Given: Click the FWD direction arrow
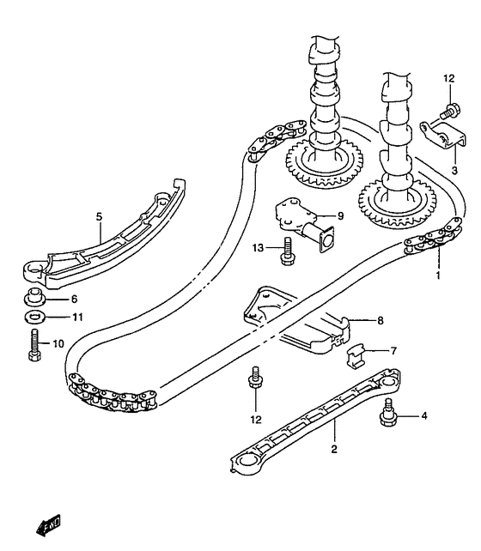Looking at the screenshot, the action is click(48, 525).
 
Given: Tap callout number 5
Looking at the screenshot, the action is click(99, 217).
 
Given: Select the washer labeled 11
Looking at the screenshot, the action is click(33, 317).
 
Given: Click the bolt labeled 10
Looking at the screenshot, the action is click(34, 345).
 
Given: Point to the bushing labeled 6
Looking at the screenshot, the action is click(34, 297).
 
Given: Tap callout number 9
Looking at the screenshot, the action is click(340, 215).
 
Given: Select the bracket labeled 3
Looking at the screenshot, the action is click(443, 136).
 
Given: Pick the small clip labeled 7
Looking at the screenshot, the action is click(355, 356).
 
